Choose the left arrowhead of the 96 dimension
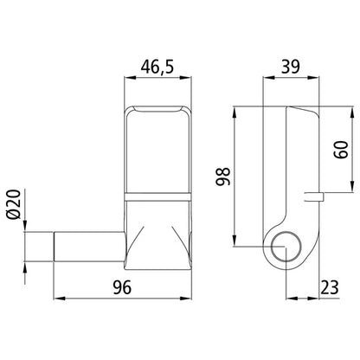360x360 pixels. [x=58, y=299]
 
